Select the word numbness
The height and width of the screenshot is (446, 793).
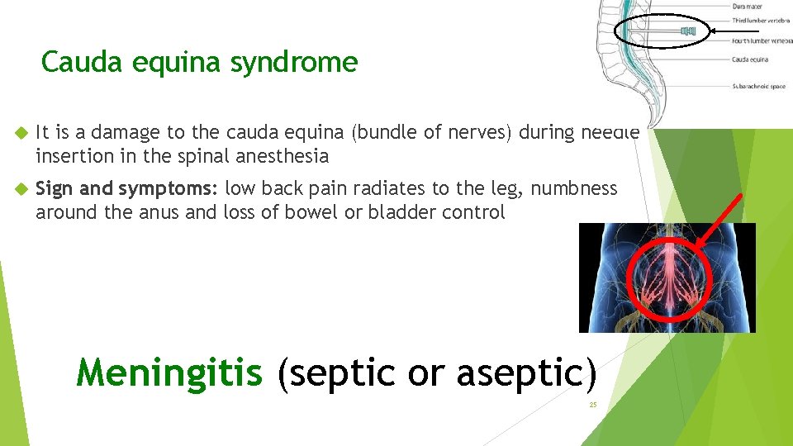point(574,189)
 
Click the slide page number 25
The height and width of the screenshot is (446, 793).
point(592,405)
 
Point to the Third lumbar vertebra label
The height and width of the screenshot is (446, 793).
point(761,21)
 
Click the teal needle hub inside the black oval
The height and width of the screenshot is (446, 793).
point(688,31)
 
